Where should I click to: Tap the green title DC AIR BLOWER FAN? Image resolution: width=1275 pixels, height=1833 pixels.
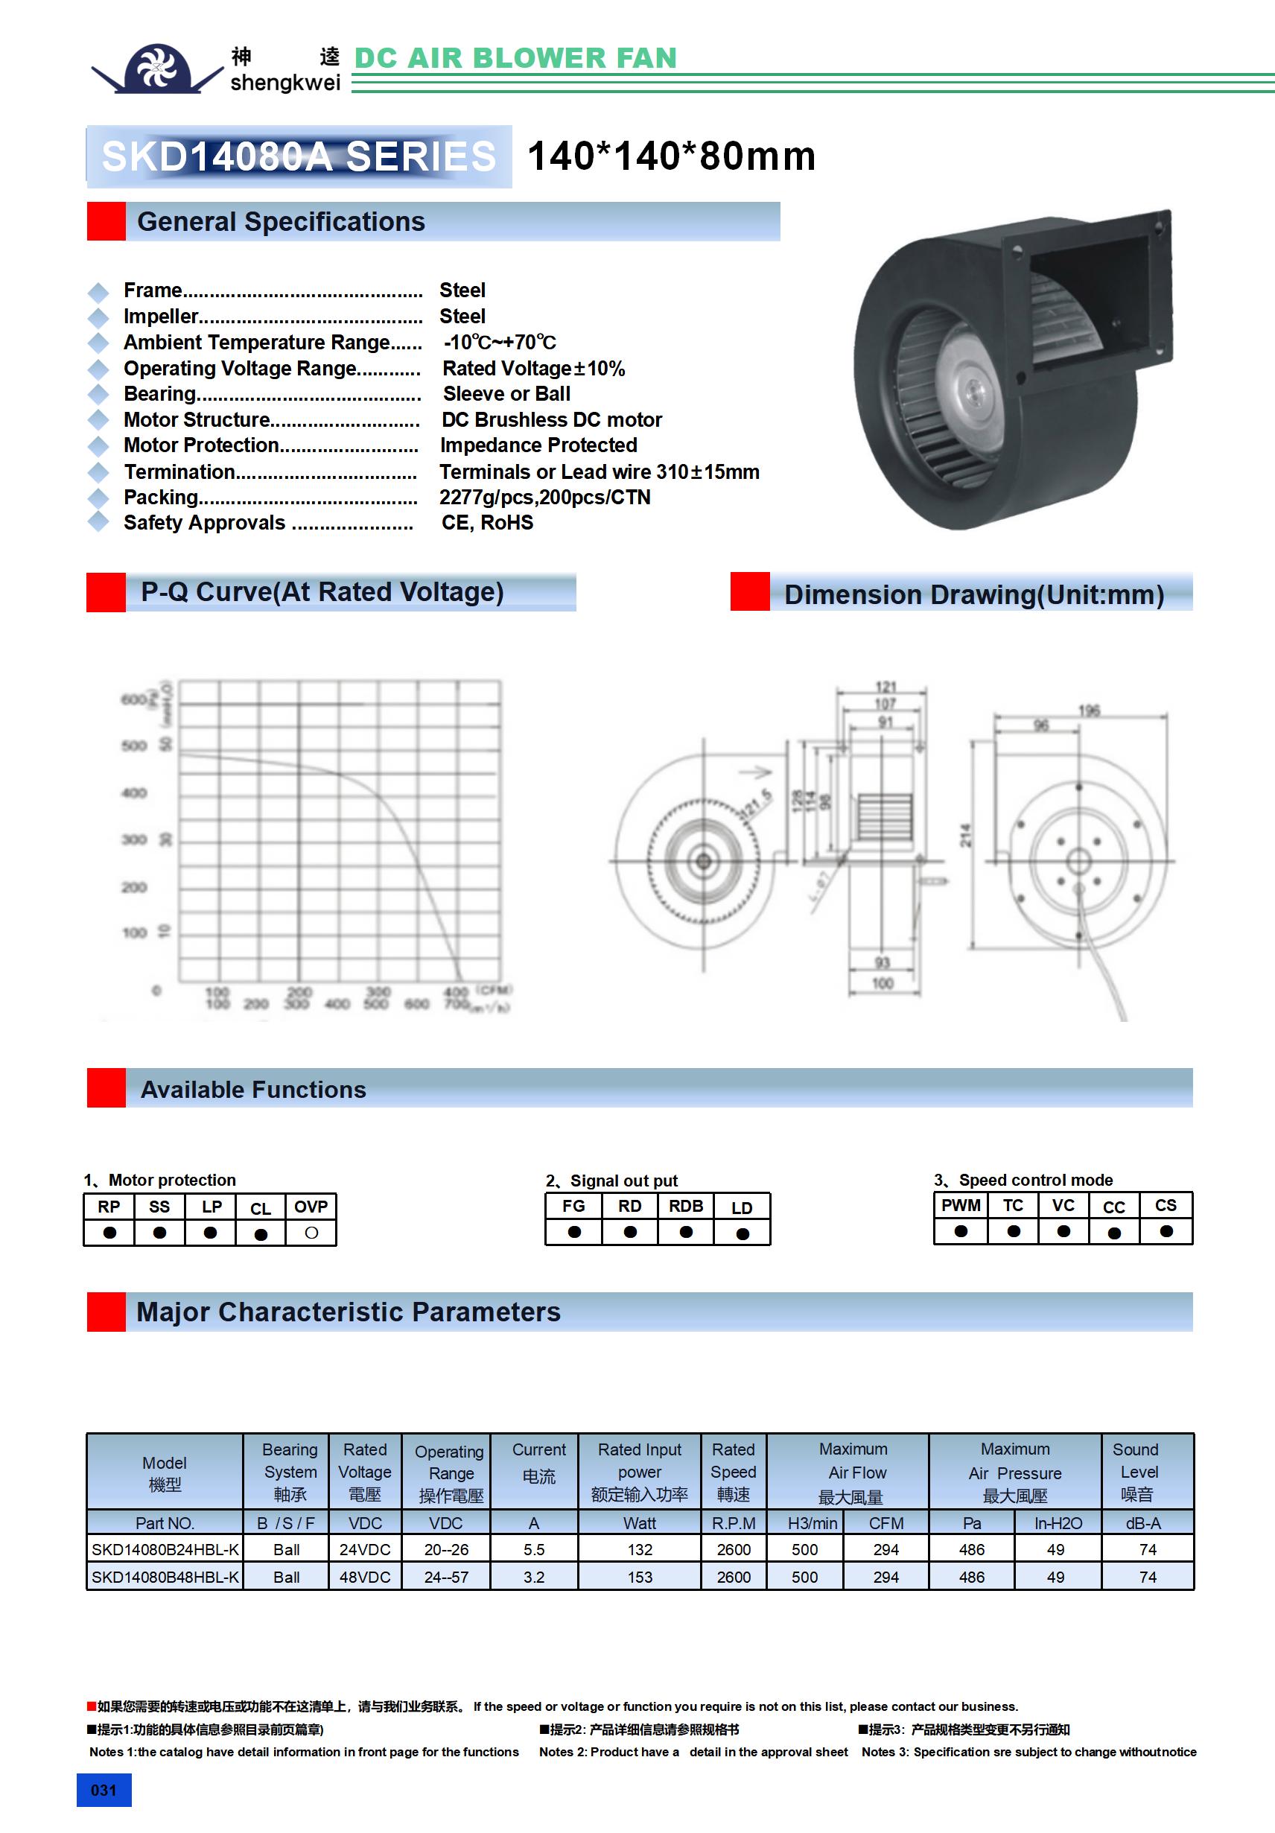tap(515, 58)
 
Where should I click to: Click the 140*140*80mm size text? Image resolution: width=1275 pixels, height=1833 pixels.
tap(670, 156)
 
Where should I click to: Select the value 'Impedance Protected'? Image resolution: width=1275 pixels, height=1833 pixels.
tap(538, 445)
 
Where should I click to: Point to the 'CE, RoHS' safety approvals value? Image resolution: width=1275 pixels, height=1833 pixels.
tap(487, 523)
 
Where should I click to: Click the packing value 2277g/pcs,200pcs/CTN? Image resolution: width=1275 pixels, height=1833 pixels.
tap(544, 498)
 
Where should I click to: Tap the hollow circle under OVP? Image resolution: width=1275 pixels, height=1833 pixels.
tap(311, 1233)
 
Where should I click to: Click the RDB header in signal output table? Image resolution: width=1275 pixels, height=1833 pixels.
tap(685, 1206)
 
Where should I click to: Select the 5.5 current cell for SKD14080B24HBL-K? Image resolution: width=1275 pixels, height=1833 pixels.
tap(533, 1549)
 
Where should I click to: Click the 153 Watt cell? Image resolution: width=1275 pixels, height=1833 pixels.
tap(640, 1578)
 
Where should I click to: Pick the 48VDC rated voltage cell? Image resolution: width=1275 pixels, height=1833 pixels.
tap(365, 1578)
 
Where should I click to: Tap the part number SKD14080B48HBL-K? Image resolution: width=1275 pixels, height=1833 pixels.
tap(165, 1578)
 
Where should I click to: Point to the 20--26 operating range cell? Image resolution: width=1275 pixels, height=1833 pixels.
tap(446, 1549)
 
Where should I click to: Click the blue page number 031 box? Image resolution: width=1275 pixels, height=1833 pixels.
tap(104, 1790)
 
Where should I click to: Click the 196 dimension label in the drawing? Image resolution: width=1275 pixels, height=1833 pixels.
tap(1089, 710)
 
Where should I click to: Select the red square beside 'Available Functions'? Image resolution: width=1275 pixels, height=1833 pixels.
tap(106, 1088)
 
